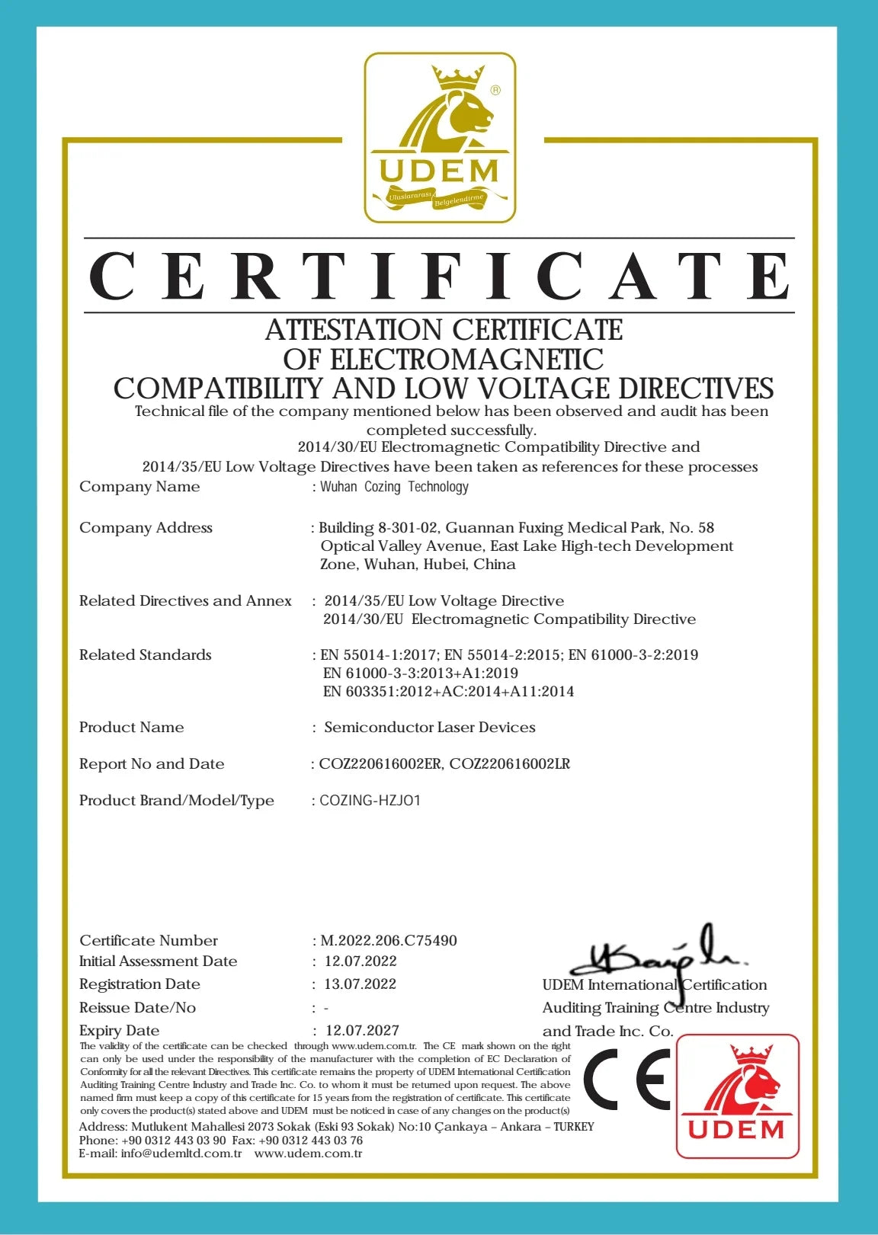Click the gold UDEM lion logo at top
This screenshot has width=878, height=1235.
[x=440, y=137]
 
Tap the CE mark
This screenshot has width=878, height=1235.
[x=627, y=1079]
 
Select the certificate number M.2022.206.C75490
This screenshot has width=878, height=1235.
[x=389, y=941]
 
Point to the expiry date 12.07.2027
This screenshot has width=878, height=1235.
[x=362, y=1031]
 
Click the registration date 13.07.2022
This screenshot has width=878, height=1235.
[x=360, y=984]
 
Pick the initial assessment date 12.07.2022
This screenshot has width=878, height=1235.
[x=360, y=961]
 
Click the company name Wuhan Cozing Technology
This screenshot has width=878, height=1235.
[x=394, y=487]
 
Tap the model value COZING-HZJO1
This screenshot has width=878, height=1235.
[x=370, y=801]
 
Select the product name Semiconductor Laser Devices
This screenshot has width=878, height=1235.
[x=430, y=728]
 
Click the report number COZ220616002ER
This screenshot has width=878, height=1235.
[x=380, y=764]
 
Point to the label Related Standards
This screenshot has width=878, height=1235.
[x=146, y=655]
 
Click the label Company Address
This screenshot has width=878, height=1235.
[x=146, y=528]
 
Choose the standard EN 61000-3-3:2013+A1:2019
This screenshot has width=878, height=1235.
[x=421, y=673]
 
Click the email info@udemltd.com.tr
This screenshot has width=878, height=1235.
[x=181, y=1153]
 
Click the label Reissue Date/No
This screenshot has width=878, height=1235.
[x=137, y=1008]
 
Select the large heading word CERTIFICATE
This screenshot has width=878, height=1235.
[x=440, y=276]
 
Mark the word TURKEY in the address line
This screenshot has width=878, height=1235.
[x=574, y=1127]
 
